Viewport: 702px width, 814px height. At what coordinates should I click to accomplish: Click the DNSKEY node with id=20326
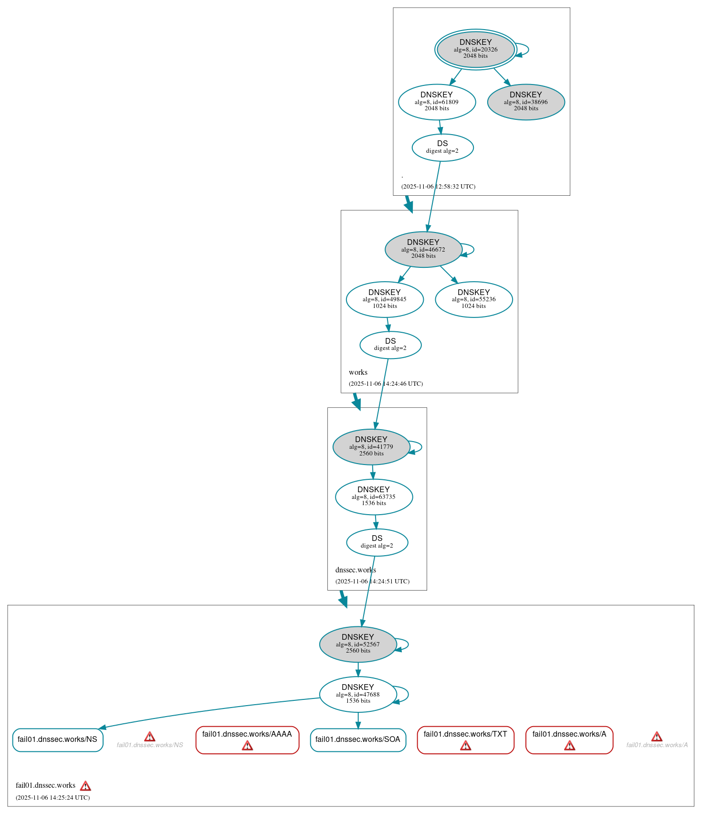[x=475, y=49]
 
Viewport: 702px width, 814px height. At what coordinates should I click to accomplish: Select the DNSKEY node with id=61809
[x=437, y=102]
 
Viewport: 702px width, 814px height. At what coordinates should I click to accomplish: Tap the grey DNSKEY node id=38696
[x=526, y=102]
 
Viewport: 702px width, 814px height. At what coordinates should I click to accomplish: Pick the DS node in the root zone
[x=442, y=148]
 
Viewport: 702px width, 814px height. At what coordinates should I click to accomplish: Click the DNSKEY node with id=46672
[x=423, y=249]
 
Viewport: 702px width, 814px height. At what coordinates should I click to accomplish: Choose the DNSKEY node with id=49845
[x=385, y=299]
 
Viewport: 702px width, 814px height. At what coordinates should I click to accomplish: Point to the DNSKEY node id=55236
[x=474, y=299]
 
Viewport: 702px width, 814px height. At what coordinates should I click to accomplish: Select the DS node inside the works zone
[x=390, y=345]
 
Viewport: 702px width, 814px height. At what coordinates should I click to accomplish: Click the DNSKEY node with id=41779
[x=371, y=447]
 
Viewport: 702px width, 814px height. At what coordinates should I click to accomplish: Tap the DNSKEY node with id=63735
[x=374, y=497]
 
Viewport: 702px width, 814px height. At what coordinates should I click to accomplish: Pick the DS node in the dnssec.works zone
[x=377, y=542]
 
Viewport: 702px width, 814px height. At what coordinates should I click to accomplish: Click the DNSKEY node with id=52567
[x=358, y=644]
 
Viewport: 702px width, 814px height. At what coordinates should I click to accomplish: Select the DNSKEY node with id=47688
[x=358, y=694]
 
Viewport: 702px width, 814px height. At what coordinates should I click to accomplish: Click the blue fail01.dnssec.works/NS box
[x=58, y=740]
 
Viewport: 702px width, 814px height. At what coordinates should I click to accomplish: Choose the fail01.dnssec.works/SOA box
[x=358, y=740]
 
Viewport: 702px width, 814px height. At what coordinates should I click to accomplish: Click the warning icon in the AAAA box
[x=247, y=745]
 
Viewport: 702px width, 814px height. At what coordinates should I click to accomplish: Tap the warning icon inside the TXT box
[x=465, y=745]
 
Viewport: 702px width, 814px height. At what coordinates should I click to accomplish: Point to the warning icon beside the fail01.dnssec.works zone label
[x=85, y=786]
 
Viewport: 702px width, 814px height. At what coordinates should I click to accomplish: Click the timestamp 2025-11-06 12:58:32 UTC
[x=438, y=187]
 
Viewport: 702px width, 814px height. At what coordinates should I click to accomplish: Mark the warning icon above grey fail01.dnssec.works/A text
[x=657, y=737]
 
